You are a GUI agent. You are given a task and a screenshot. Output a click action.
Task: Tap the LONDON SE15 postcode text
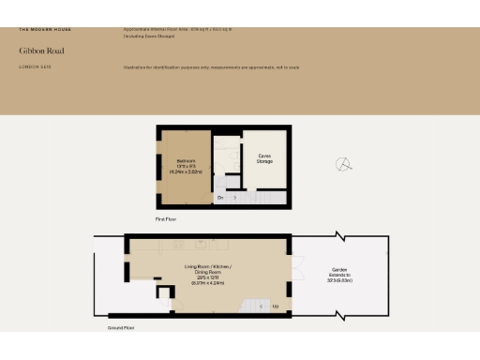[34, 67]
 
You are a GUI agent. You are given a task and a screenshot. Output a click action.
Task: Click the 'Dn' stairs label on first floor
[220, 199]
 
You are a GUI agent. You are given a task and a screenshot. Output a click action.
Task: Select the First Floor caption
[166, 218]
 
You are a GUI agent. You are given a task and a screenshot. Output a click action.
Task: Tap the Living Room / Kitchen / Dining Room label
[207, 268]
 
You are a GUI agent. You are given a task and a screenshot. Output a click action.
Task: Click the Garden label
[339, 268]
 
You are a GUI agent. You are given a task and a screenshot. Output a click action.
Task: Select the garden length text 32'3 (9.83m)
[339, 279]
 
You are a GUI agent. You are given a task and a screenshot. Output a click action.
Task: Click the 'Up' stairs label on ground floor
[274, 306]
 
